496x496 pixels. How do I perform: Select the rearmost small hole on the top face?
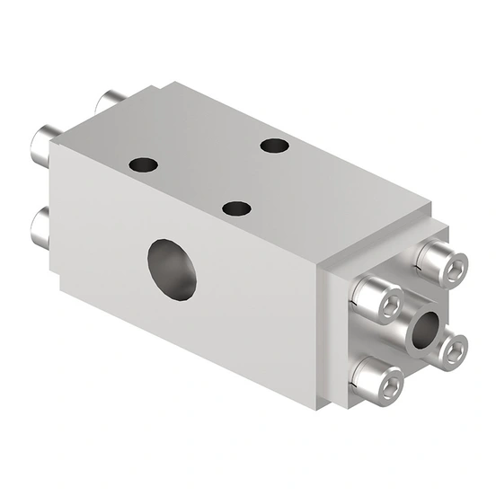(x=273, y=146)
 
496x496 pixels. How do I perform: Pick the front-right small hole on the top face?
(x=235, y=208)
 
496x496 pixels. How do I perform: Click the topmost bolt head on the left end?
(x=112, y=100)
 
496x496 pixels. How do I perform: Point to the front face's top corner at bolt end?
(x=57, y=136)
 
